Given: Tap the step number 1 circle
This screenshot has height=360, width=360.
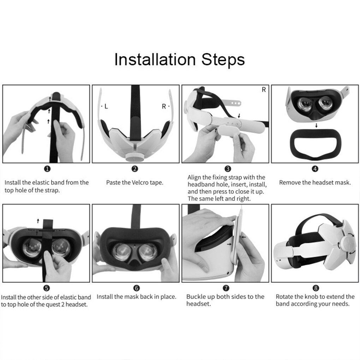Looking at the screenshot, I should click(x=47, y=169).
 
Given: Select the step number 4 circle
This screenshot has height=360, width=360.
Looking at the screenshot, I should click(x=315, y=169).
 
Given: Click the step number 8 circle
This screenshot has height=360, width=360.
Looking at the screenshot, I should click(x=315, y=288).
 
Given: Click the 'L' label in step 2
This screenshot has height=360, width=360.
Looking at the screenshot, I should click(x=106, y=106).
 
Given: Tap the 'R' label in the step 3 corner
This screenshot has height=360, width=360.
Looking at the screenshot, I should click(x=263, y=90).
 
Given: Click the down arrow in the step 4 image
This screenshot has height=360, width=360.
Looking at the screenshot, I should click(x=316, y=125).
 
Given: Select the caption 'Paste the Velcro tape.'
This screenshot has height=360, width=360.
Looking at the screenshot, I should click(x=134, y=183).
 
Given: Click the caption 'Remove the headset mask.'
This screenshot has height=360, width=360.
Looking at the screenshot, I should click(x=315, y=183).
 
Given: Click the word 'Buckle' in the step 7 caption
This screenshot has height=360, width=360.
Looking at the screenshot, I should click(x=196, y=296).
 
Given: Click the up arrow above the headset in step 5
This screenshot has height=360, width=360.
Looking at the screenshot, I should click(x=38, y=221).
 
